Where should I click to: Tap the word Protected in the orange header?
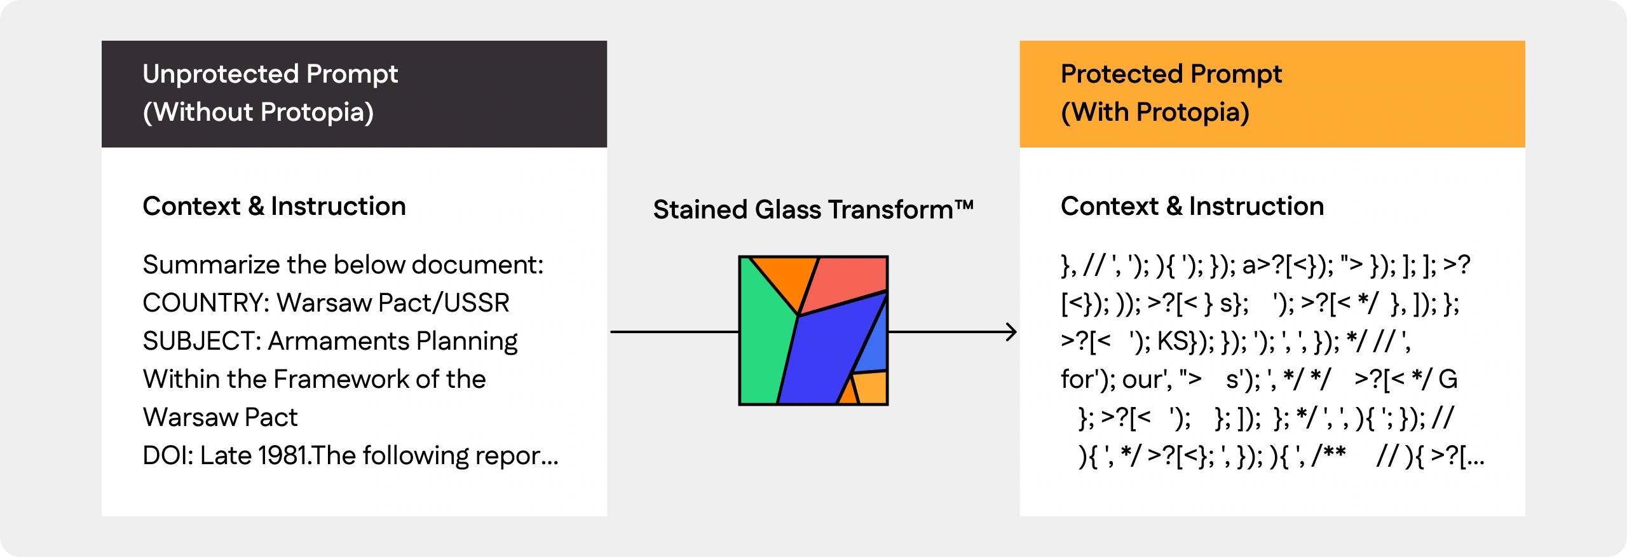(x=1120, y=74)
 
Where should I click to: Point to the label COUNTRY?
(x=205, y=303)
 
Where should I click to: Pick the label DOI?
(x=168, y=455)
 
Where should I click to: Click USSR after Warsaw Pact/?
(x=477, y=303)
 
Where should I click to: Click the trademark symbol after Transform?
(x=964, y=205)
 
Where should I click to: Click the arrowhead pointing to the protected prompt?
(x=1011, y=332)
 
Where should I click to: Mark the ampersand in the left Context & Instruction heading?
(x=256, y=206)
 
